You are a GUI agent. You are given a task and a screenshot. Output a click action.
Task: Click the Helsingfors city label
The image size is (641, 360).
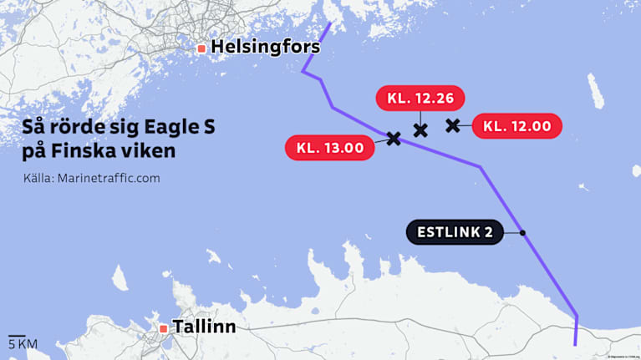(x=265, y=48)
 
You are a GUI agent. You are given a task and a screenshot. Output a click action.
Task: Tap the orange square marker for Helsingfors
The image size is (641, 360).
(x=201, y=48)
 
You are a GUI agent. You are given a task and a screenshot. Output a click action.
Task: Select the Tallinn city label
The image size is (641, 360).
(x=203, y=327)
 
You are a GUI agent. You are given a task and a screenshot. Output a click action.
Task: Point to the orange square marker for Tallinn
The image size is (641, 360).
(x=162, y=327)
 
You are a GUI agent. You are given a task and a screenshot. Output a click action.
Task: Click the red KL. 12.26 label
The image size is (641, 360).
(x=420, y=99)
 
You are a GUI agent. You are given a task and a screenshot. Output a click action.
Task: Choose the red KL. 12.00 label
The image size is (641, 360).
(x=517, y=126)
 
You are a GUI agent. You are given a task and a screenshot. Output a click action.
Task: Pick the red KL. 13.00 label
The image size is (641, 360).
(x=330, y=148)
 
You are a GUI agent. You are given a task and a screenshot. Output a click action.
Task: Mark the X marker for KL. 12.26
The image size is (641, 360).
(x=420, y=129)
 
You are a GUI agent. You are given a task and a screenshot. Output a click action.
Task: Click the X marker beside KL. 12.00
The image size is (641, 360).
(x=453, y=125)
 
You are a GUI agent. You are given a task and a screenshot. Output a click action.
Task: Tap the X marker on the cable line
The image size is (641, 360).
(x=394, y=138)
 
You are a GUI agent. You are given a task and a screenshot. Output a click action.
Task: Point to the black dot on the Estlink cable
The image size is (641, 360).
(x=522, y=232)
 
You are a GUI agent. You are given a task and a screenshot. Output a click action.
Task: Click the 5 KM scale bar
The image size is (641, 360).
(x=23, y=342)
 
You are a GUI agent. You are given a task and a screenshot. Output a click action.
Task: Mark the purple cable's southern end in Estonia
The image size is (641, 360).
(x=576, y=343)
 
